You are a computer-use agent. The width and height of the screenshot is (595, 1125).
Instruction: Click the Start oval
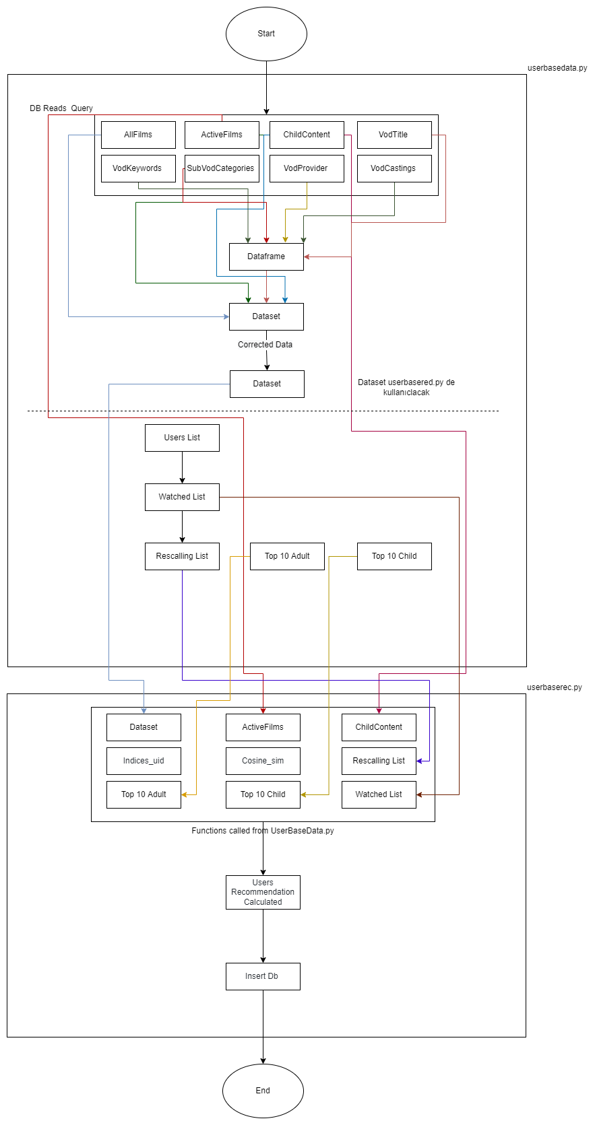(x=266, y=34)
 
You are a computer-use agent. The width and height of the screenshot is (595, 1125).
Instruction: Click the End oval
(x=263, y=1091)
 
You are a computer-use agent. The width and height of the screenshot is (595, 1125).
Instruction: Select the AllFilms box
(x=138, y=135)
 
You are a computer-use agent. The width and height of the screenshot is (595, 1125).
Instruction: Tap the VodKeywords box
(x=137, y=168)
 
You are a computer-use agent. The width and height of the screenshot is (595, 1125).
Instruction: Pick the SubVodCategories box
(x=221, y=168)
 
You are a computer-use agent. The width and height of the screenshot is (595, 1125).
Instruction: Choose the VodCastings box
(x=394, y=168)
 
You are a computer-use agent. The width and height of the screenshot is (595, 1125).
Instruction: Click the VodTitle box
(x=394, y=135)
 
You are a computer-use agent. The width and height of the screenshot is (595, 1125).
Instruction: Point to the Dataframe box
(x=266, y=257)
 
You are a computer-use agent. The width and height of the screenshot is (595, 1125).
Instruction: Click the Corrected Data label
(x=265, y=345)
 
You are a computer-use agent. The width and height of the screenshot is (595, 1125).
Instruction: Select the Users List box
(x=182, y=438)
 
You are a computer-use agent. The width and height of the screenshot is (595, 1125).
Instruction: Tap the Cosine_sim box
(x=263, y=761)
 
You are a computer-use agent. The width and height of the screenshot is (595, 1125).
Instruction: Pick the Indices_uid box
(x=144, y=761)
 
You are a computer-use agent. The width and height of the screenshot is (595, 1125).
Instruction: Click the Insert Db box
(x=263, y=976)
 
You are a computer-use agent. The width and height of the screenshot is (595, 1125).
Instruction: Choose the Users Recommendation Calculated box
(x=263, y=892)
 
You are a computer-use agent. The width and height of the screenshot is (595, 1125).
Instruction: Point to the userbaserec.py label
(x=554, y=687)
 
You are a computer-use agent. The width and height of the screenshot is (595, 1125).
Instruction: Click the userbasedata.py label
(x=557, y=68)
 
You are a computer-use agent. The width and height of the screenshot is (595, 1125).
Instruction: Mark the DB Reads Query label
(x=61, y=108)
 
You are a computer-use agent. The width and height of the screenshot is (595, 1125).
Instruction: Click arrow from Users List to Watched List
(x=182, y=467)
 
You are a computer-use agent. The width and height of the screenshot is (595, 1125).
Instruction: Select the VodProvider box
(x=307, y=168)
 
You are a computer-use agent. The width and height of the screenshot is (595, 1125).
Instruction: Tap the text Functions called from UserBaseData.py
(x=263, y=831)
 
